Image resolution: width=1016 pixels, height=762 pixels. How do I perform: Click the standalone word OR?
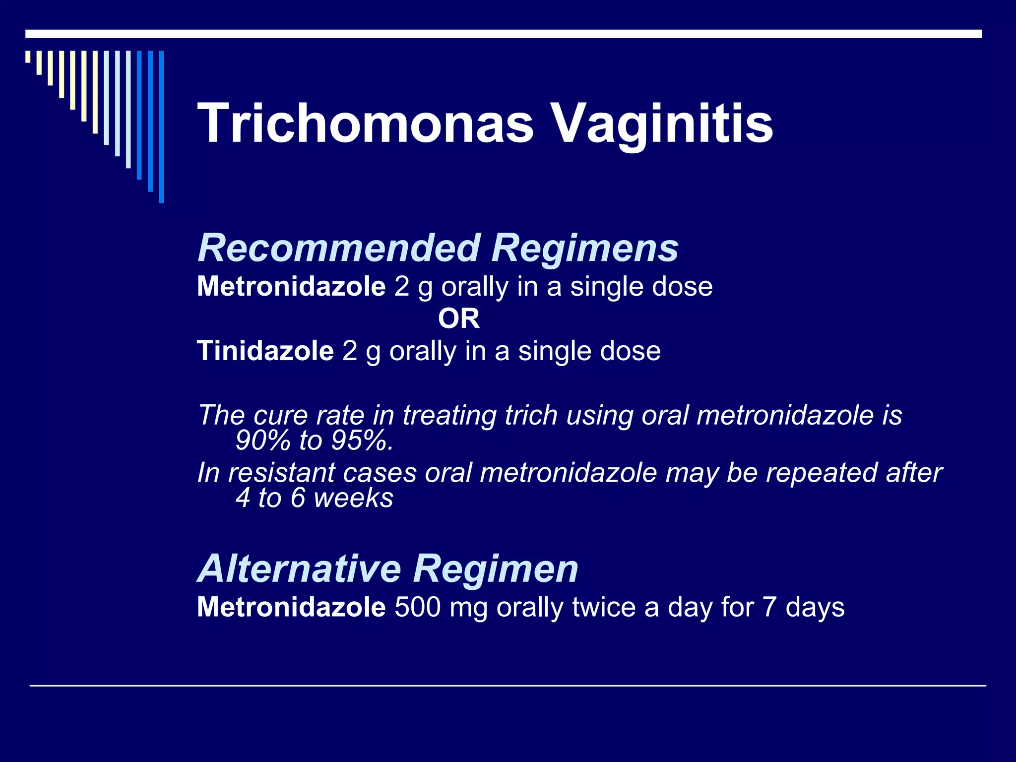[459, 318]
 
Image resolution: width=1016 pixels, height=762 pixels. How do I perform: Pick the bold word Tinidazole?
[265, 351]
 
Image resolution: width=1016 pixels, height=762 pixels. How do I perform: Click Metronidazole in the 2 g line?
[291, 286]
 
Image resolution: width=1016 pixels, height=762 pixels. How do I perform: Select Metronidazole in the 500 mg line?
[291, 607]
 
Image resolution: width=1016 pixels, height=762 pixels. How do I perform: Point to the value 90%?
[262, 440]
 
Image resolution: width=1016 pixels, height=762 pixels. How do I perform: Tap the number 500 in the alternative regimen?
[417, 607]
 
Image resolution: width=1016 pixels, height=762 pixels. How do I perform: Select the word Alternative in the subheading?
[300, 569]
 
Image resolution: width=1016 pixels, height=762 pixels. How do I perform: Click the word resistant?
[281, 473]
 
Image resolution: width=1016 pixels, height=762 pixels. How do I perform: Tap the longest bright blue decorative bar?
[161, 127]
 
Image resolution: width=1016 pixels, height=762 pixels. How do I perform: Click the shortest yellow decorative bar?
[28, 57]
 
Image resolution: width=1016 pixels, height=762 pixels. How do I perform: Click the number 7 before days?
[769, 607]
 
